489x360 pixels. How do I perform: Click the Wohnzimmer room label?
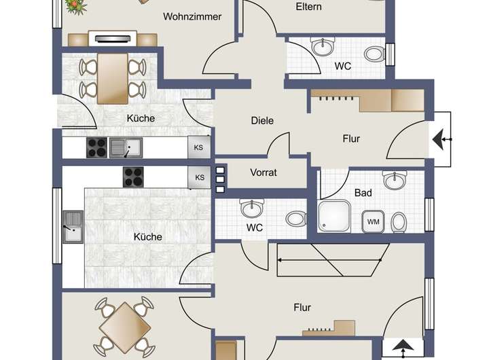coord(192,16)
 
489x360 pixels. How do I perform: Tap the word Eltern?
coord(308,7)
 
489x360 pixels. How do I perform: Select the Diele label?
coord(262,120)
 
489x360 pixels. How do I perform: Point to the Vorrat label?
coord(264,173)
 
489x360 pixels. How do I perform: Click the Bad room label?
coord(363,193)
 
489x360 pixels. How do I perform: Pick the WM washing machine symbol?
coord(374,222)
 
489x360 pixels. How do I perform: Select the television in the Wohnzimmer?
coord(113,39)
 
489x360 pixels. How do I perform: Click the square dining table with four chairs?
coord(125,327)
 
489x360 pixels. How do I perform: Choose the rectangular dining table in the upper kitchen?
coord(113,78)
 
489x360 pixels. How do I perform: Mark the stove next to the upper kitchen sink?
coord(96,147)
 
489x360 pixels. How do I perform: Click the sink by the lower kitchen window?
coord(73,227)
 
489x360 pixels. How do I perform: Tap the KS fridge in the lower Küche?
coord(199,177)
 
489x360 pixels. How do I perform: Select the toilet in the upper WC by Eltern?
coord(374,54)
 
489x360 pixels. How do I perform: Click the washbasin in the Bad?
coord(395,180)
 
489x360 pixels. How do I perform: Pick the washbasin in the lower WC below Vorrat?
coord(251,209)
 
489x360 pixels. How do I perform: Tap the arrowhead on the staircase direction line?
coord(280,259)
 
